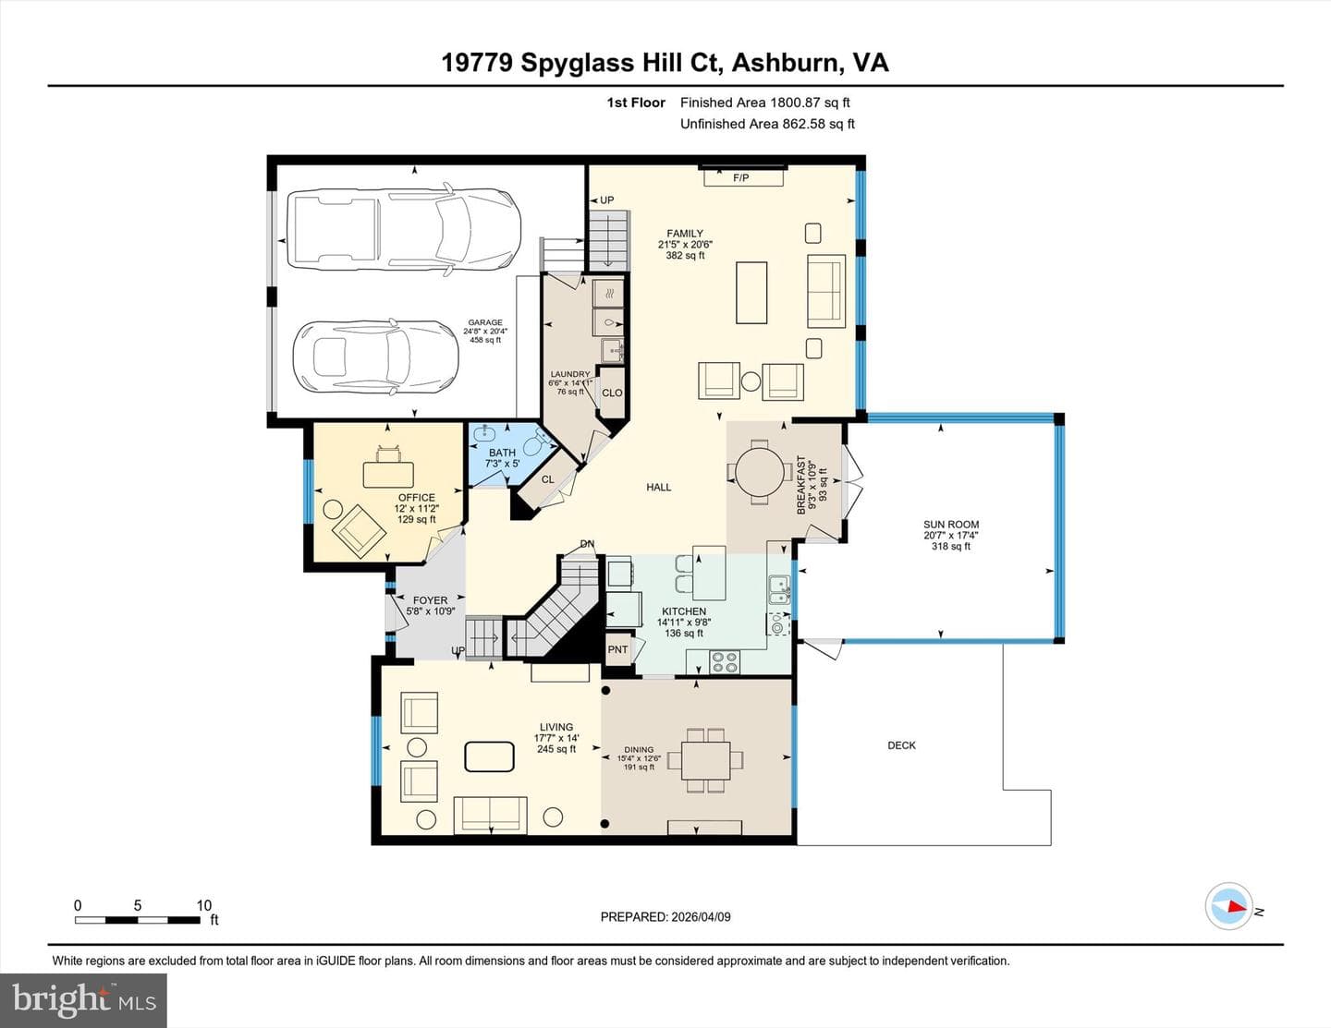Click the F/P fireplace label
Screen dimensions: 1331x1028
(x=740, y=178)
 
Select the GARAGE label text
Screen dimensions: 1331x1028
(x=485, y=322)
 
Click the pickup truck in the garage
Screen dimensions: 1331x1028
(x=404, y=229)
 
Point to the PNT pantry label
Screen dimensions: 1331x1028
(x=617, y=649)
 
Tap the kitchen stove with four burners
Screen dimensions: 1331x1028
(x=725, y=662)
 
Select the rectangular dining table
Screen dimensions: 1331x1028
(x=705, y=760)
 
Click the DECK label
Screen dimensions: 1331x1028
(x=901, y=745)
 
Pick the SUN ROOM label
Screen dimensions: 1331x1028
(x=951, y=525)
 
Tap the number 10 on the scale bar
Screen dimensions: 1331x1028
(x=204, y=905)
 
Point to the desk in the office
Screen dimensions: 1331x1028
(x=388, y=475)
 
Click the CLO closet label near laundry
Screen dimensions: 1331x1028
(x=612, y=393)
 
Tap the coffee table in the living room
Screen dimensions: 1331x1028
(x=489, y=756)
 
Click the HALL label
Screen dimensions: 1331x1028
(x=658, y=487)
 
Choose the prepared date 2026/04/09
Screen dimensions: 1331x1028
(x=701, y=917)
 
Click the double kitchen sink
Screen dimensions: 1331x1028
(x=779, y=590)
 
